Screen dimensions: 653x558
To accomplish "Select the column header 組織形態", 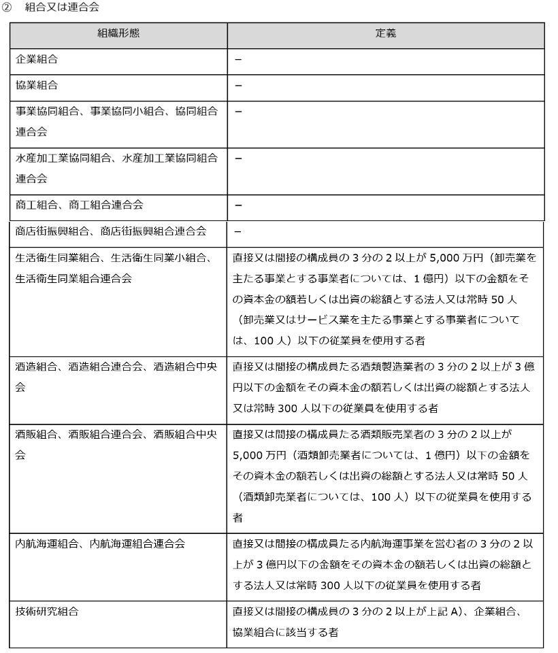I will [x=118, y=33].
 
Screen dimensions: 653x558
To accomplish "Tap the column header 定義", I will [x=386, y=33].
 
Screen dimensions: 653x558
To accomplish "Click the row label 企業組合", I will [x=37, y=60].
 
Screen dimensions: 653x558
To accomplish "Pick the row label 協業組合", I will [x=37, y=86].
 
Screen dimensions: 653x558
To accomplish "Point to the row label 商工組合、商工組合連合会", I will [x=80, y=205].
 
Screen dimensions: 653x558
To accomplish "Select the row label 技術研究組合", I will [x=47, y=611].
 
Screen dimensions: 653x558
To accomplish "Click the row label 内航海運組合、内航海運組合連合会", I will [x=99, y=543].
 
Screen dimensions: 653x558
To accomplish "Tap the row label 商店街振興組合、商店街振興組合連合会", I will [x=111, y=231].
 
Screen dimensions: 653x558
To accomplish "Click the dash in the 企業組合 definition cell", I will [x=238, y=60].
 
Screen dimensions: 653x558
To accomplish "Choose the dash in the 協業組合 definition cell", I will [x=238, y=86].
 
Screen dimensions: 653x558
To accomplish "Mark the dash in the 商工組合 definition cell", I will [x=238, y=205].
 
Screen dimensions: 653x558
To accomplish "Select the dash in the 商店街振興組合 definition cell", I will [x=237, y=231].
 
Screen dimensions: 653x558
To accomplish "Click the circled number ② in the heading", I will [x=7, y=7].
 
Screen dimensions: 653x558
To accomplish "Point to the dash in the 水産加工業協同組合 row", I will [x=238, y=158].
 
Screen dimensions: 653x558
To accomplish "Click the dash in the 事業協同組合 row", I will [x=238, y=112].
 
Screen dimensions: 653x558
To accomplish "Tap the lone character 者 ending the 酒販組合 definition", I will [x=238, y=518].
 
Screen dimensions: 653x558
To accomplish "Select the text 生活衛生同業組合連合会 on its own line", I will [x=73, y=278].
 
